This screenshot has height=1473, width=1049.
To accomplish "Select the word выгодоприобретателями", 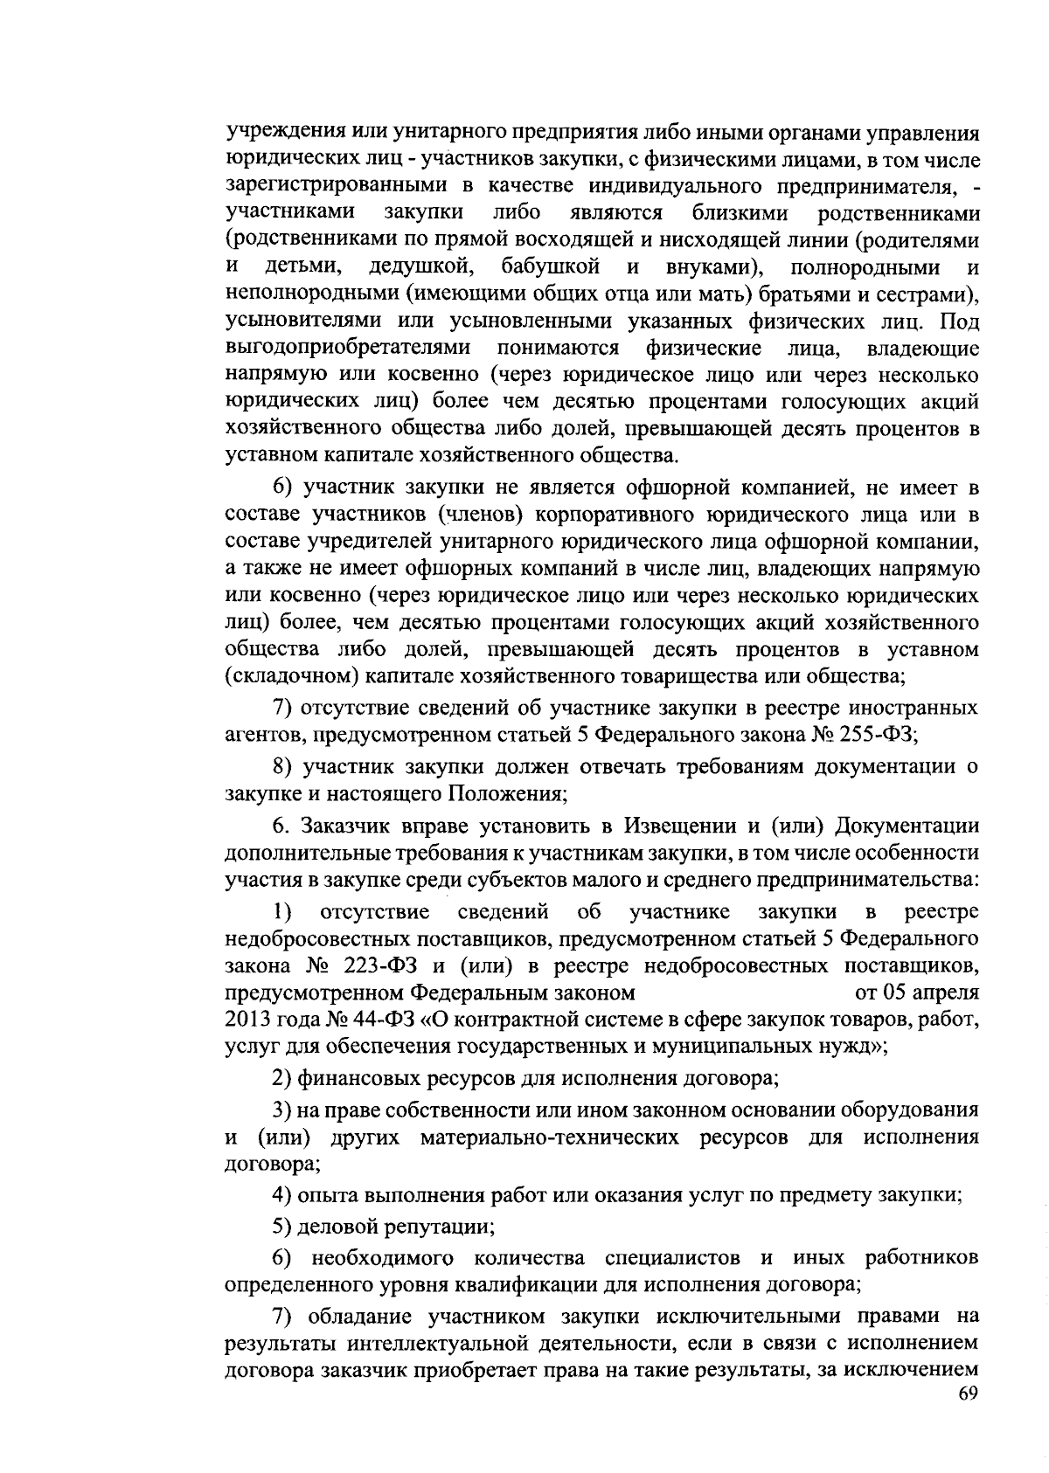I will [349, 347].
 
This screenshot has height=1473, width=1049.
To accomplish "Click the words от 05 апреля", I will [915, 993].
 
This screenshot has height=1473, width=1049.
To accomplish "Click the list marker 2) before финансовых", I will [281, 1078].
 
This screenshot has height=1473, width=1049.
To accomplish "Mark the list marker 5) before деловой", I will [281, 1226].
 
